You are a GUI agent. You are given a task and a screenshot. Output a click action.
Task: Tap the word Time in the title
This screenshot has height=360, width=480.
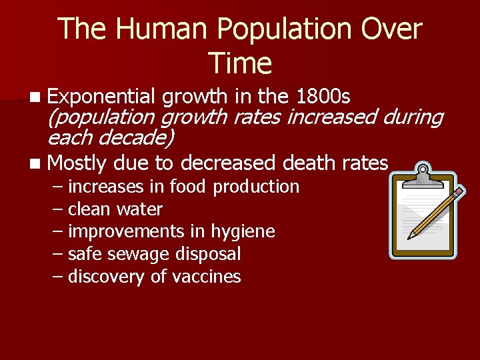240,63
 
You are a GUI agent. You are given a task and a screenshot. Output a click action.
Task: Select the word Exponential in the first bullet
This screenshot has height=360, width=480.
101,97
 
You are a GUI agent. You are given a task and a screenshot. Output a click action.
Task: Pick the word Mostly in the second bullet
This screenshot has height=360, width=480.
78,163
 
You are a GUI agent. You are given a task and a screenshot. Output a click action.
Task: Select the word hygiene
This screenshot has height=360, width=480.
243,231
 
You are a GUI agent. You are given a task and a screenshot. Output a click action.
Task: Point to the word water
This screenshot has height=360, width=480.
139,209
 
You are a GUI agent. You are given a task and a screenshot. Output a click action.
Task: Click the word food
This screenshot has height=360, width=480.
189,187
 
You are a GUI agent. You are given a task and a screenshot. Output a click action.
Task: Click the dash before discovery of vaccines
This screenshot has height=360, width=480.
58,277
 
